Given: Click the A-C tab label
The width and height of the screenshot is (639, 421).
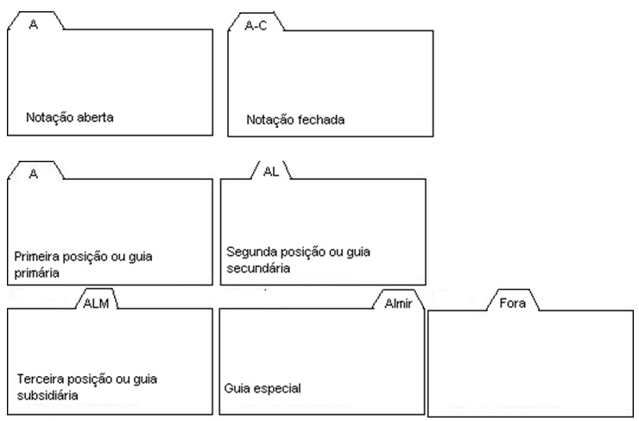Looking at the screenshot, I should (x=257, y=25).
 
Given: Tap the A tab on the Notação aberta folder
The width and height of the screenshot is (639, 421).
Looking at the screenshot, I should (x=34, y=25).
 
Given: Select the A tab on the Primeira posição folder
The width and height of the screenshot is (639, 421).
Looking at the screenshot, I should (x=34, y=172).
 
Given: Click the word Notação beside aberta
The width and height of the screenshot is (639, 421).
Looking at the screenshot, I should (x=44, y=117).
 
